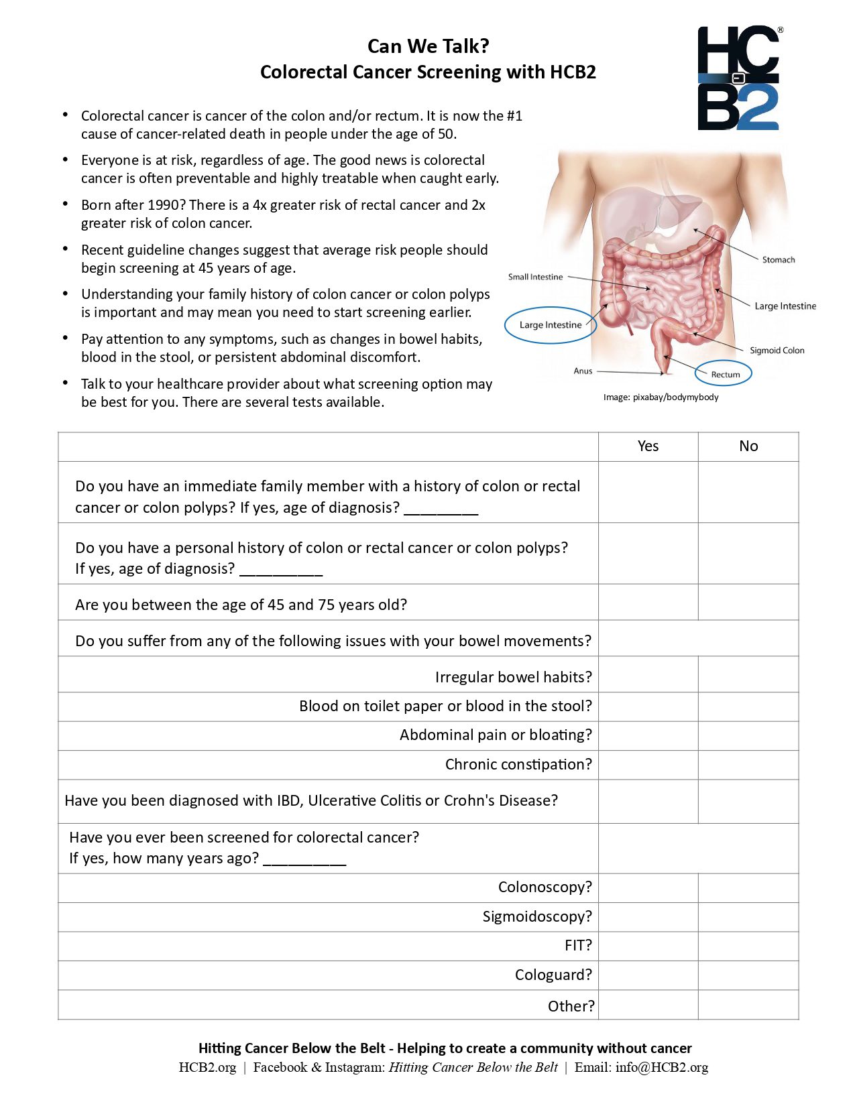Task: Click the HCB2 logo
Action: (739, 78)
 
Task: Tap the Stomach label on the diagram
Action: (778, 260)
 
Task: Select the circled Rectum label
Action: (724, 374)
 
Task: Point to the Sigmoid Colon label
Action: (777, 351)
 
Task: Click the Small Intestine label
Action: (535, 277)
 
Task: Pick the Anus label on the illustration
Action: (583, 371)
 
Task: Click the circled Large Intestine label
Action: (551, 325)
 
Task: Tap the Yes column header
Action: (648, 446)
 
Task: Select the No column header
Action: (748, 446)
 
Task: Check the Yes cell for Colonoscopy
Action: (648, 887)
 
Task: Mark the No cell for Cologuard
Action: (748, 975)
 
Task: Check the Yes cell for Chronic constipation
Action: (648, 765)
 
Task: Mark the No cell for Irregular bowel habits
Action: (748, 677)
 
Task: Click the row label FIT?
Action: (578, 946)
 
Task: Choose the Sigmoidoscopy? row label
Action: (537, 916)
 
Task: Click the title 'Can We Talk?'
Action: (428, 46)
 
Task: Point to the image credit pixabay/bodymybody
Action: (675, 397)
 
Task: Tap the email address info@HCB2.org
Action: (661, 1068)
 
